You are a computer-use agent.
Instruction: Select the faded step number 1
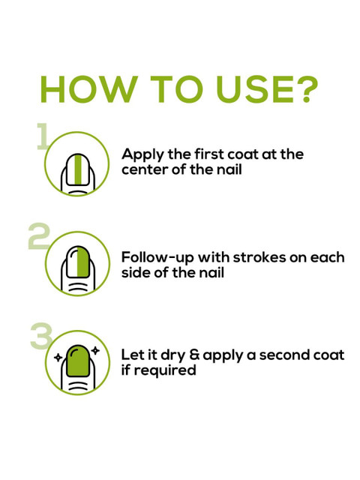tap(43, 136)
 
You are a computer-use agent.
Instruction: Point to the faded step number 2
tap(39, 236)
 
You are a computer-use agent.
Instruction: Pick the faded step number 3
tap(41, 336)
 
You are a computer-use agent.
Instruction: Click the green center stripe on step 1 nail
tap(78, 170)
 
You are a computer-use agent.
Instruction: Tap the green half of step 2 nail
tap(83, 262)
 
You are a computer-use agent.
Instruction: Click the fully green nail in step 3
tap(78, 361)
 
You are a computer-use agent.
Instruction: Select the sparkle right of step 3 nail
tap(96, 350)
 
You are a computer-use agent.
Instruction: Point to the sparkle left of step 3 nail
tap(58, 357)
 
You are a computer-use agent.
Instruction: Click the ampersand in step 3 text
tap(194, 355)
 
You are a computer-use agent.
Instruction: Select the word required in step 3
tap(165, 370)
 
